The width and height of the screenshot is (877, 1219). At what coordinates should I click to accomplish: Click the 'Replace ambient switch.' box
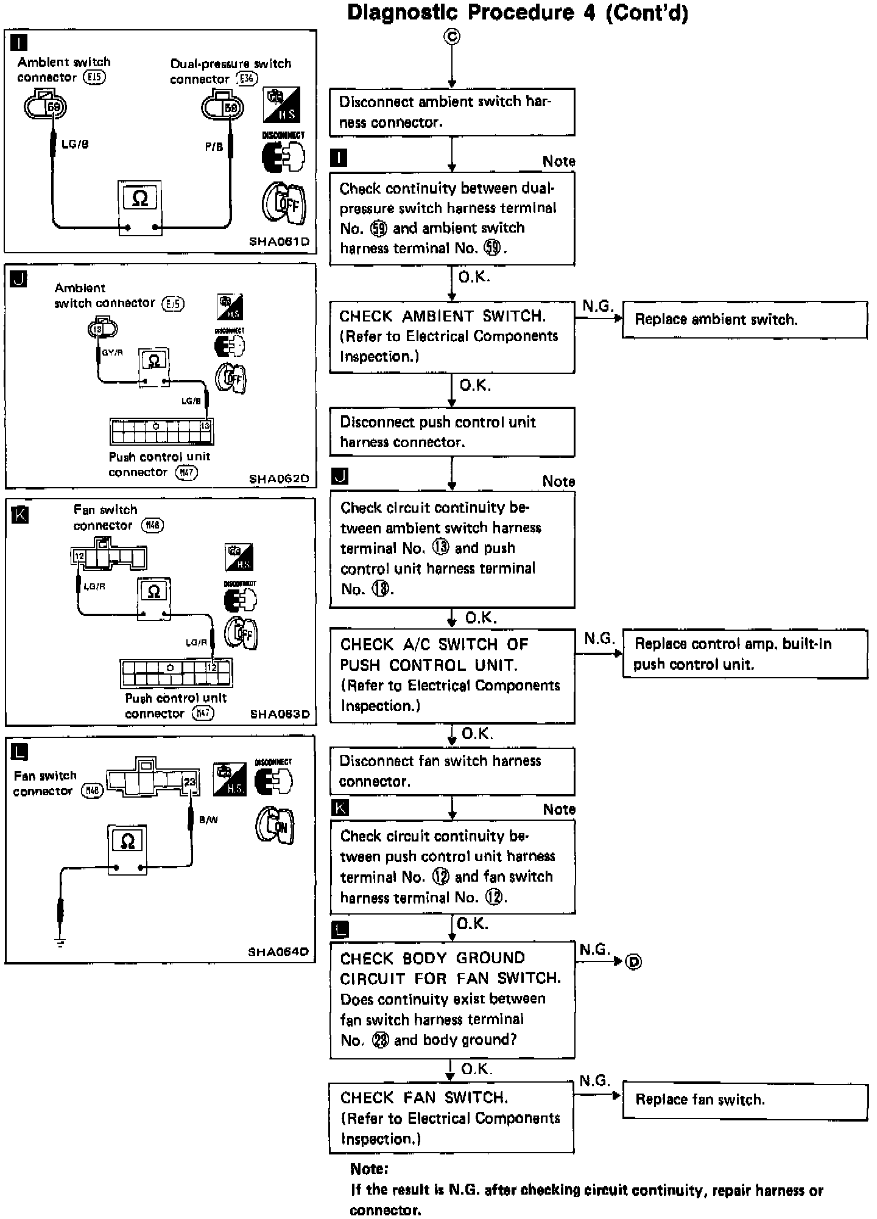[x=744, y=320]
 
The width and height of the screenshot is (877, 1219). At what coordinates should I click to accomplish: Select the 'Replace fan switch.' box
[x=744, y=1101]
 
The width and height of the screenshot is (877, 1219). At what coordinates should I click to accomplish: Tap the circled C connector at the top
[x=452, y=37]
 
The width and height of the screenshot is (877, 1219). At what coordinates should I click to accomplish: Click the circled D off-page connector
[x=634, y=962]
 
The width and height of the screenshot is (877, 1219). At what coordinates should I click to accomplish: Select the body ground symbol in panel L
[x=60, y=943]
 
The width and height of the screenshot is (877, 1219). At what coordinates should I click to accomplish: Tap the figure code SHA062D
[x=279, y=479]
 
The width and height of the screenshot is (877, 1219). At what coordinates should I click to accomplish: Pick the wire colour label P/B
[x=214, y=147]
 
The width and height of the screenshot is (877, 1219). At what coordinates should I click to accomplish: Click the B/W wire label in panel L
[x=208, y=820]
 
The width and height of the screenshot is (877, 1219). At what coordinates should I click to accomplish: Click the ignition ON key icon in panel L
[x=275, y=826]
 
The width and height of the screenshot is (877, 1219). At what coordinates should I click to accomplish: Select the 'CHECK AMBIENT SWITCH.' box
[x=452, y=337]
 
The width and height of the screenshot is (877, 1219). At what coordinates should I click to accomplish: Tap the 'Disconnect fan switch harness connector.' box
[x=452, y=771]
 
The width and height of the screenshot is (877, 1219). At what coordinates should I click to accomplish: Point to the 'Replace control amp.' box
[x=744, y=653]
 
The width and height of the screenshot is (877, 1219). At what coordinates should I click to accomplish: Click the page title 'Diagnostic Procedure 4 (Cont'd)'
[x=518, y=13]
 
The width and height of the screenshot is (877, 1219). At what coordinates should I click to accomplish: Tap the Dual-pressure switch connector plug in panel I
[x=223, y=107]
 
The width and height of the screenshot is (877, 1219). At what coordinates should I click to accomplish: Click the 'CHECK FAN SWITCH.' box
[x=451, y=1118]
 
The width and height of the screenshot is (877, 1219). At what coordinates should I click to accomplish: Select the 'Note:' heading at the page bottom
[x=369, y=1168]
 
